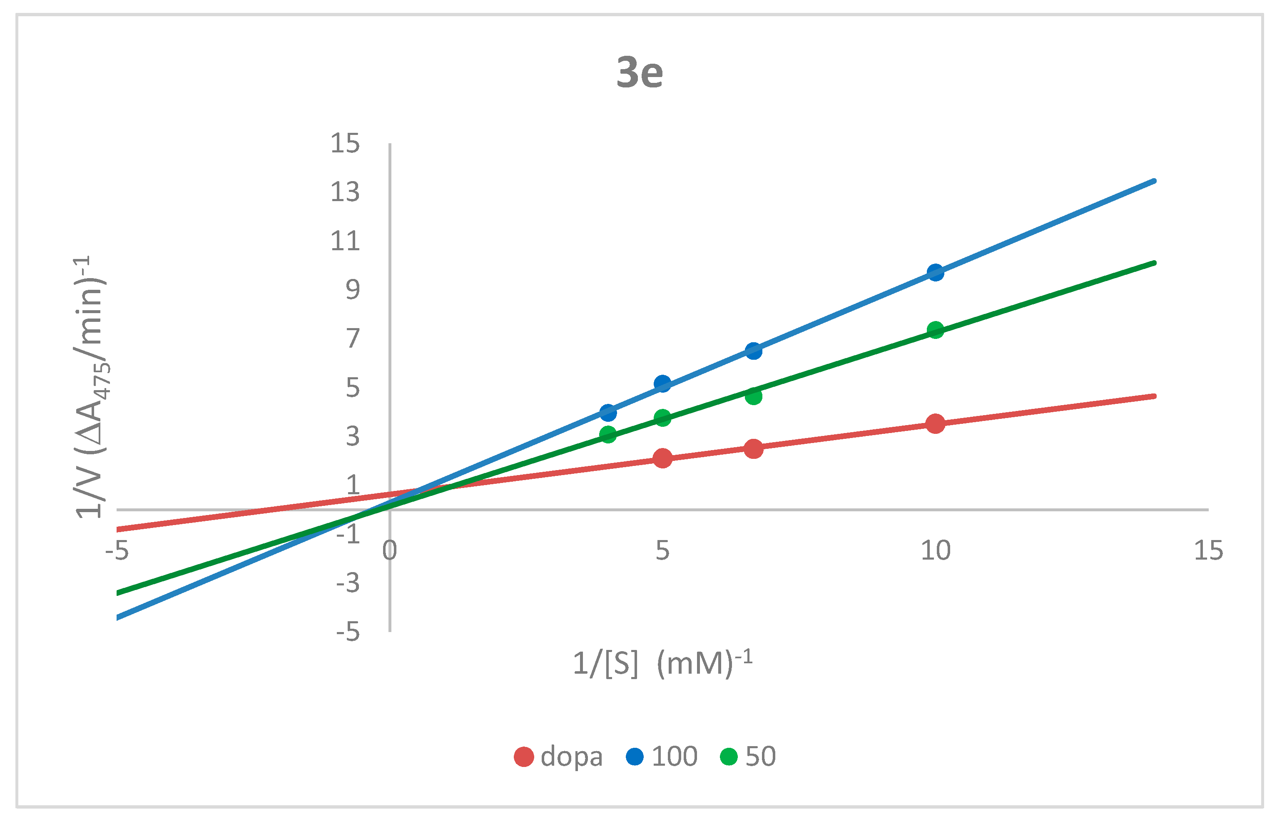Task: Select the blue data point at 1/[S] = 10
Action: click(x=935, y=272)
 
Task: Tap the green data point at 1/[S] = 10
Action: click(x=935, y=330)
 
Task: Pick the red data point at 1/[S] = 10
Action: click(x=935, y=423)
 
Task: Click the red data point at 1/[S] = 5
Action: click(x=662, y=458)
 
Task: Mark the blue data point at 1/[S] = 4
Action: click(x=608, y=413)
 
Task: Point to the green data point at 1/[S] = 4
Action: click(x=608, y=434)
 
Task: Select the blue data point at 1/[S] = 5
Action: click(x=662, y=383)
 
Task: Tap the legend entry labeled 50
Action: click(x=747, y=757)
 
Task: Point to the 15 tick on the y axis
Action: click(x=345, y=143)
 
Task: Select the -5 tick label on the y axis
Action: click(x=348, y=632)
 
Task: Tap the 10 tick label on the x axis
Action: click(x=935, y=550)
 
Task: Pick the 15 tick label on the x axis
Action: click(x=1208, y=550)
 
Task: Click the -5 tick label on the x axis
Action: click(x=117, y=550)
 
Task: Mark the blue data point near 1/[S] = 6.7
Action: click(x=753, y=351)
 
